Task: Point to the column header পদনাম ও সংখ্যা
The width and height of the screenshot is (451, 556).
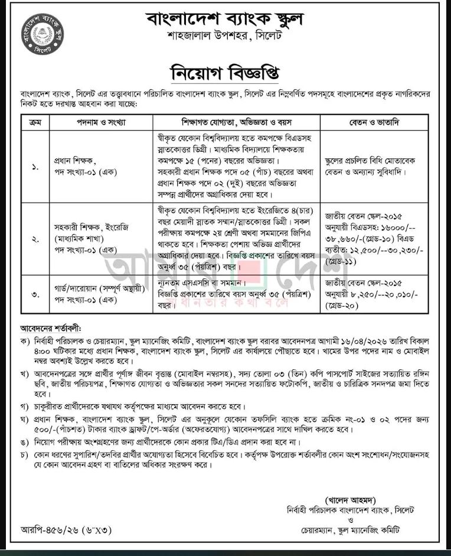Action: [x=97, y=122]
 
